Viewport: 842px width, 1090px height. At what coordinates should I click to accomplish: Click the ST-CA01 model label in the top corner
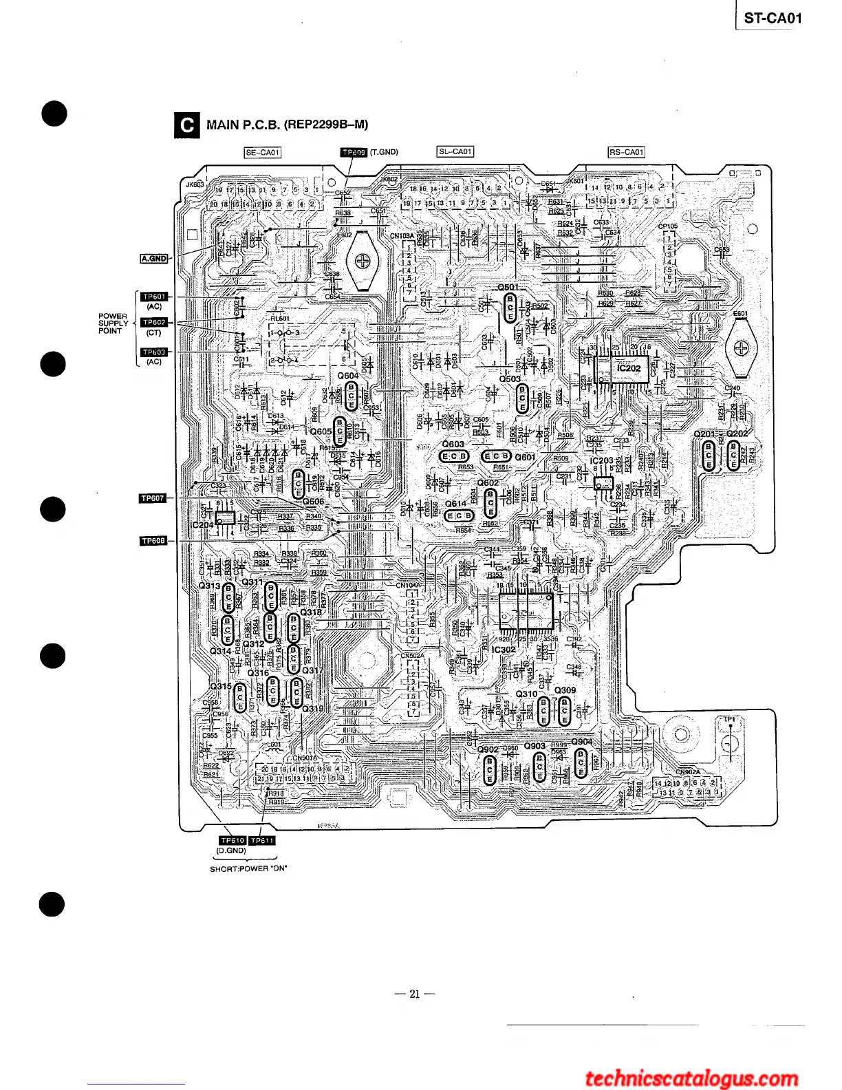tap(773, 19)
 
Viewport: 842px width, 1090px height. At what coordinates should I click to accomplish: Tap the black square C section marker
tap(186, 125)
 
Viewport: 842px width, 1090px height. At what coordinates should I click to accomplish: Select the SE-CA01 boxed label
tap(262, 152)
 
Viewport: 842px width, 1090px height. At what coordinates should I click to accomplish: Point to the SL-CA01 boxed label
tap(455, 151)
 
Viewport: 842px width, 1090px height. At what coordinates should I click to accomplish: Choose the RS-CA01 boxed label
tap(626, 152)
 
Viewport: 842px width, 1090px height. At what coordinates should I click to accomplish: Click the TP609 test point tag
tap(354, 152)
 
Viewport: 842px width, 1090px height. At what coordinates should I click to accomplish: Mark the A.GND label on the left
tap(154, 258)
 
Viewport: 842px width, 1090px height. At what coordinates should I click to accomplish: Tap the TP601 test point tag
tap(154, 297)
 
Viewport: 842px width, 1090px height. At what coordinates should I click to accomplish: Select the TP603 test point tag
tap(154, 352)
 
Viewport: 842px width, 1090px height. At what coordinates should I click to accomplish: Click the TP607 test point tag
tap(153, 498)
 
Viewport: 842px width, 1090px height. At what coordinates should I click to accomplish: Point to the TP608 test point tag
tap(153, 541)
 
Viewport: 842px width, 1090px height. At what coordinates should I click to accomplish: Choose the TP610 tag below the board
tap(233, 840)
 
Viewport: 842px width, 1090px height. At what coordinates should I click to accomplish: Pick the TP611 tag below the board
tap(262, 840)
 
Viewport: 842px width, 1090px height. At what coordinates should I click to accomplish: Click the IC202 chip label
tap(629, 368)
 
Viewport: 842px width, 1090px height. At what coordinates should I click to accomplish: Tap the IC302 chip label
tap(504, 650)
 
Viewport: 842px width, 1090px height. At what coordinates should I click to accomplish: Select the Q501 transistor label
tap(508, 287)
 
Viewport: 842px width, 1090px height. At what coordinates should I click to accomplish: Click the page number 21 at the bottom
tap(414, 994)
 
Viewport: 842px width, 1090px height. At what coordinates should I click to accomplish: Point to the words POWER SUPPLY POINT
tap(113, 323)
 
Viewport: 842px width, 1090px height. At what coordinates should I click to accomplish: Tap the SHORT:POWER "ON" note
tap(248, 868)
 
